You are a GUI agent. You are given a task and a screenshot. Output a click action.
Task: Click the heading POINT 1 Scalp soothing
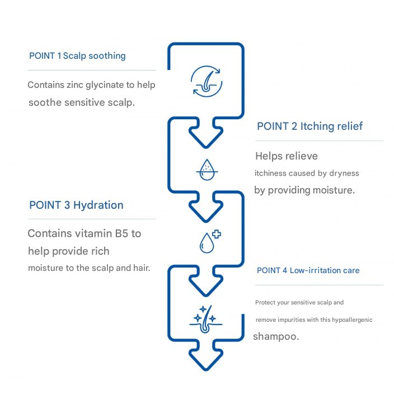click(x=77, y=56)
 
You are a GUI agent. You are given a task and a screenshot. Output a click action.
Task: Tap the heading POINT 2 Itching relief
click(x=309, y=126)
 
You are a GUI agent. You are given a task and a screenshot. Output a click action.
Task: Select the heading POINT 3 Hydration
click(x=76, y=205)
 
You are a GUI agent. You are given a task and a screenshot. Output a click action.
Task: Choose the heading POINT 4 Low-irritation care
click(x=308, y=270)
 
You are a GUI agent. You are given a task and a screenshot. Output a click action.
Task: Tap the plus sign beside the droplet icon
click(x=215, y=236)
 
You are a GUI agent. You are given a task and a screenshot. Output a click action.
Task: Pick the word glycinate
click(x=108, y=85)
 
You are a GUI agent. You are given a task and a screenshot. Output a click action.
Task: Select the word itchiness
click(x=273, y=173)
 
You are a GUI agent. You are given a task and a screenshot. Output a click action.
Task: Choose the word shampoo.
click(x=276, y=337)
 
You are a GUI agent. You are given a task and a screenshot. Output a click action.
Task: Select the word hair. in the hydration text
click(x=140, y=268)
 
